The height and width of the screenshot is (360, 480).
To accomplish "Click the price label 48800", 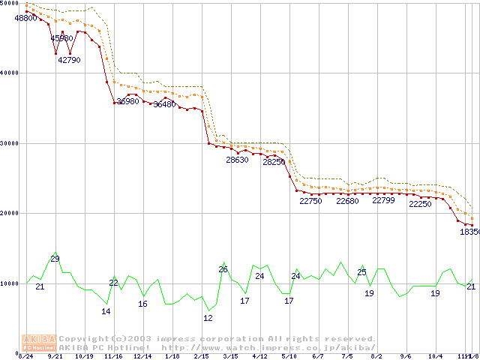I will (26, 18).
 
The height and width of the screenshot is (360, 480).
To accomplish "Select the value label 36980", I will (127, 101).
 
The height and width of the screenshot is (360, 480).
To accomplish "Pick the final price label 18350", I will (469, 232).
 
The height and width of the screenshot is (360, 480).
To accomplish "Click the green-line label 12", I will (208, 318).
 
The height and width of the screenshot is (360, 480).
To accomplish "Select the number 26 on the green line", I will (223, 269).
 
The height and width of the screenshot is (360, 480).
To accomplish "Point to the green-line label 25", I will (361, 272).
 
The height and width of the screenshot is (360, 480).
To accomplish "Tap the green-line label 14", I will (106, 311).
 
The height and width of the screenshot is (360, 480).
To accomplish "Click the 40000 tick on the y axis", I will (10, 73).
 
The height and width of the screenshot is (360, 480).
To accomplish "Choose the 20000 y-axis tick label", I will (10, 213).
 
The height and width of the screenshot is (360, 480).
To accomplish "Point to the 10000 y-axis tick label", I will (10, 283).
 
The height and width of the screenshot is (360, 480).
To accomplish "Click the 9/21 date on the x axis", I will (55, 357).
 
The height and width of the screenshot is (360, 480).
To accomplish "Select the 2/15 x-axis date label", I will (200, 357).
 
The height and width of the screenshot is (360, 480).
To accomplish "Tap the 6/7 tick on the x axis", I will (318, 357).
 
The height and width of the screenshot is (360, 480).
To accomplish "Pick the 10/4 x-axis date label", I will (435, 357).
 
